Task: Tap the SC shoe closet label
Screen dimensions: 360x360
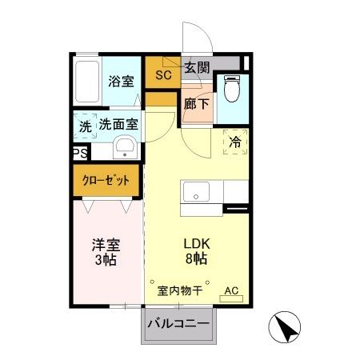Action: point(163,76)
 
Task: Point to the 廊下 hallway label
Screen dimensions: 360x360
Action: point(196,103)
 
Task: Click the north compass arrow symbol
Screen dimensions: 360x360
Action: point(286,326)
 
